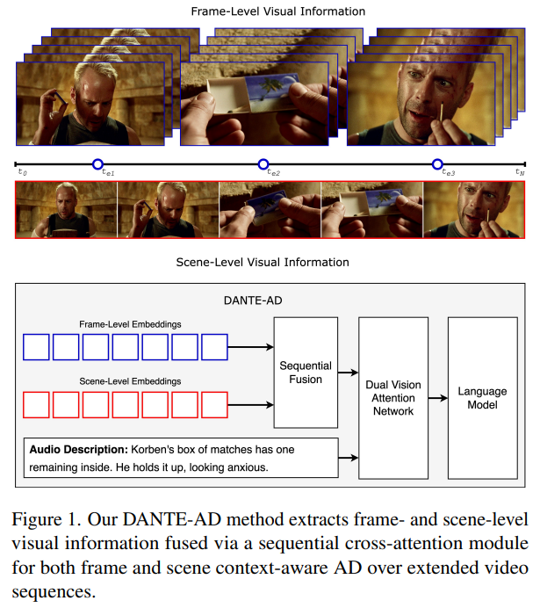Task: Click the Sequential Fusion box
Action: click(306, 372)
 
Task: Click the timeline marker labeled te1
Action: click(97, 164)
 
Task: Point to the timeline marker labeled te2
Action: click(263, 164)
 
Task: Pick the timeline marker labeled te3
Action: click(437, 164)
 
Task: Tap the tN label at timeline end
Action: click(519, 173)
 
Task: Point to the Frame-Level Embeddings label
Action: click(128, 324)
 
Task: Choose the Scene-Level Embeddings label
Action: click(128, 380)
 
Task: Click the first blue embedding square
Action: click(36, 348)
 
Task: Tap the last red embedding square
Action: click(214, 404)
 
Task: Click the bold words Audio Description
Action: click(76, 450)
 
